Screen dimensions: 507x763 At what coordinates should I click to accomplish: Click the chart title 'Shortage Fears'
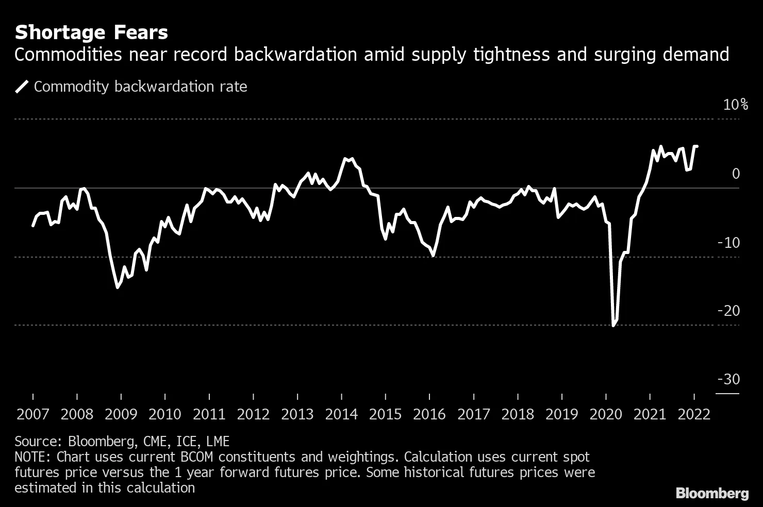(x=91, y=33)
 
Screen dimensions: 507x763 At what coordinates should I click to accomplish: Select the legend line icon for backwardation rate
(x=22, y=87)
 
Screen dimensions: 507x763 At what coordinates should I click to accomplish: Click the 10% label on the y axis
(x=735, y=105)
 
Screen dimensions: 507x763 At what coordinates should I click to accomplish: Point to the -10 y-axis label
(x=728, y=243)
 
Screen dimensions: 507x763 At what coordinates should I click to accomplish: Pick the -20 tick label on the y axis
(x=728, y=311)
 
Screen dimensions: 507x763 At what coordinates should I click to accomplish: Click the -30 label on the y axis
(x=728, y=380)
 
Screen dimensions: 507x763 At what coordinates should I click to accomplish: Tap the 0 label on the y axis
(x=736, y=174)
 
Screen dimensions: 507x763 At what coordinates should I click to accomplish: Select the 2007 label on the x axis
(x=33, y=414)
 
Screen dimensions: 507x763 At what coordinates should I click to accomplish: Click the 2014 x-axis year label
(x=341, y=414)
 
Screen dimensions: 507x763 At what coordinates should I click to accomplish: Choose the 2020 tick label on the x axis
(x=606, y=414)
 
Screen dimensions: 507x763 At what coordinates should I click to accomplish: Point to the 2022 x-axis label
(x=694, y=414)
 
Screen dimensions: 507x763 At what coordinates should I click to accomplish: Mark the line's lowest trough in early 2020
(x=613, y=325)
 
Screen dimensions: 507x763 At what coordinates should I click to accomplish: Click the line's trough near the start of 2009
(x=118, y=287)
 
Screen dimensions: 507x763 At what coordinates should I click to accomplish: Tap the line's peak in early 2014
(x=345, y=159)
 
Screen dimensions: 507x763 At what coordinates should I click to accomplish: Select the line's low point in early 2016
(x=433, y=255)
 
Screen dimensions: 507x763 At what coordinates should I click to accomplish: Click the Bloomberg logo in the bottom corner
(x=712, y=493)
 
